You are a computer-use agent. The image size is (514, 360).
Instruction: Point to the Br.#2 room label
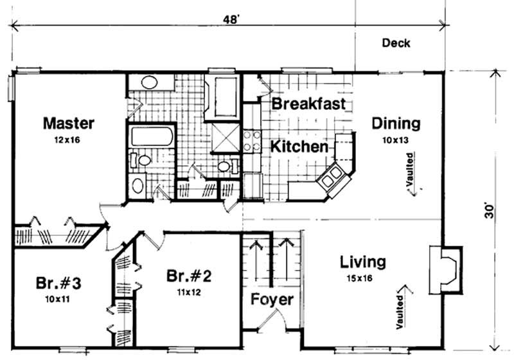coord(189,276)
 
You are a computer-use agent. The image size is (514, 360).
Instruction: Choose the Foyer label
coord(272,300)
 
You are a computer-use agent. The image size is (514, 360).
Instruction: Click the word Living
coord(363,262)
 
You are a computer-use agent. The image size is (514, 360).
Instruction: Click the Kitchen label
coord(299,147)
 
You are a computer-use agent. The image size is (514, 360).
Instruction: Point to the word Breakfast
coord(308,104)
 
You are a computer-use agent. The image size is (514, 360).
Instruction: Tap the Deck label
coord(396,44)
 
